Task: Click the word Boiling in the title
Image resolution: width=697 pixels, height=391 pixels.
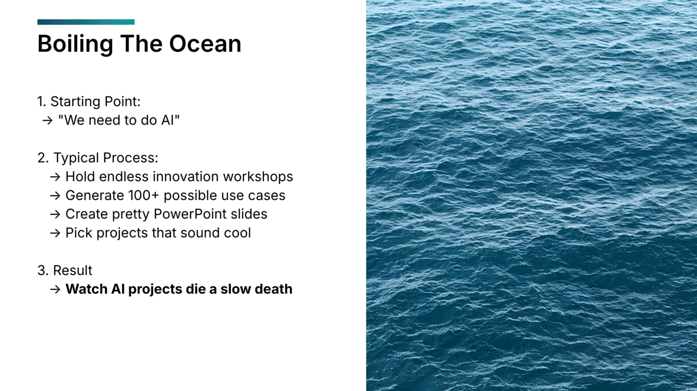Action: click(76, 44)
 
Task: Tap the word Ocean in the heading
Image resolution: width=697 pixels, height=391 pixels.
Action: click(205, 44)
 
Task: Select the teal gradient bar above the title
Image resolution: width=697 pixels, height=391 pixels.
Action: click(86, 22)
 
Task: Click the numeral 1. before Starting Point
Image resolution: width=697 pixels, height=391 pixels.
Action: click(42, 102)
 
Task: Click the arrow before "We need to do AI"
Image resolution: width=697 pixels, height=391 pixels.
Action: click(47, 120)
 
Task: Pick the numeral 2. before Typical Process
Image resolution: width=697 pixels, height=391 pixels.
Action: click(43, 158)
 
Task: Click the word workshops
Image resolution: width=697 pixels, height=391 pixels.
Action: click(258, 177)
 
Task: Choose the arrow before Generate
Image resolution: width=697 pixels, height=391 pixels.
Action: click(55, 195)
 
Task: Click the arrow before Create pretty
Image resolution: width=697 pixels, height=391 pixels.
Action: click(55, 214)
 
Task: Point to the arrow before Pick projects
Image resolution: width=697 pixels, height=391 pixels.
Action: click(55, 233)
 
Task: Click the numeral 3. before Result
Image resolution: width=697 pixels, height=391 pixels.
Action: click(43, 271)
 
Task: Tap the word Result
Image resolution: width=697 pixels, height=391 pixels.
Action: click(73, 271)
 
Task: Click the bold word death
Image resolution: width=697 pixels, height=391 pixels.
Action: click(274, 289)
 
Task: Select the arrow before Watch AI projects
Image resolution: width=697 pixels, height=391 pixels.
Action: click(55, 289)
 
